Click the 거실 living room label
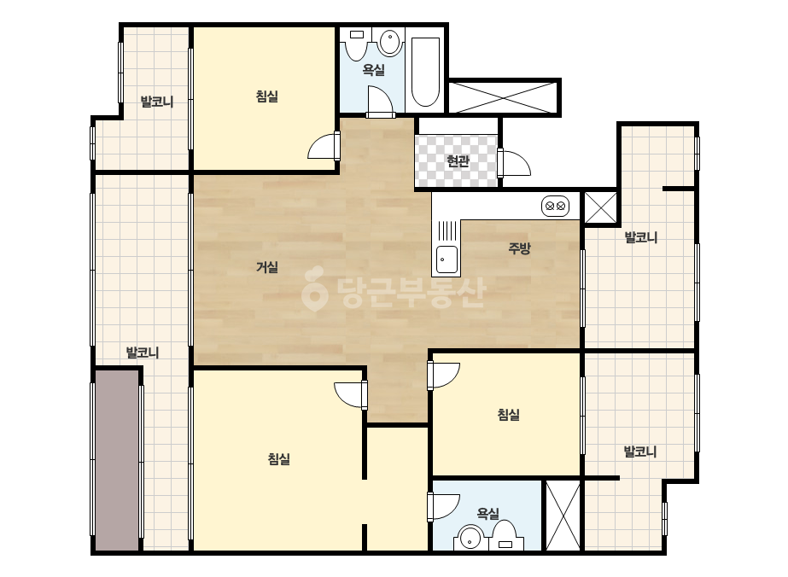[267, 267]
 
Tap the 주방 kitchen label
[519, 248]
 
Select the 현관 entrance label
[458, 161]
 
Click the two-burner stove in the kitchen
[555, 206]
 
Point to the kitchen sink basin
[447, 259]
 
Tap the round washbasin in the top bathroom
[389, 42]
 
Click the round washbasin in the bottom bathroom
[470, 538]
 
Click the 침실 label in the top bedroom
[267, 96]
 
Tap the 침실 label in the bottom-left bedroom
[279, 459]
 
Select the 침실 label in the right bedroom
[508, 415]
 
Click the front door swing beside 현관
[515, 163]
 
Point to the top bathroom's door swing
[380, 102]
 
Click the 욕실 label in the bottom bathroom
[487, 513]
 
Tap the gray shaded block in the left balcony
[117, 460]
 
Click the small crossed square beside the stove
[600, 207]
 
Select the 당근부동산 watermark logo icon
[314, 289]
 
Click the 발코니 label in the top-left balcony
[157, 102]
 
